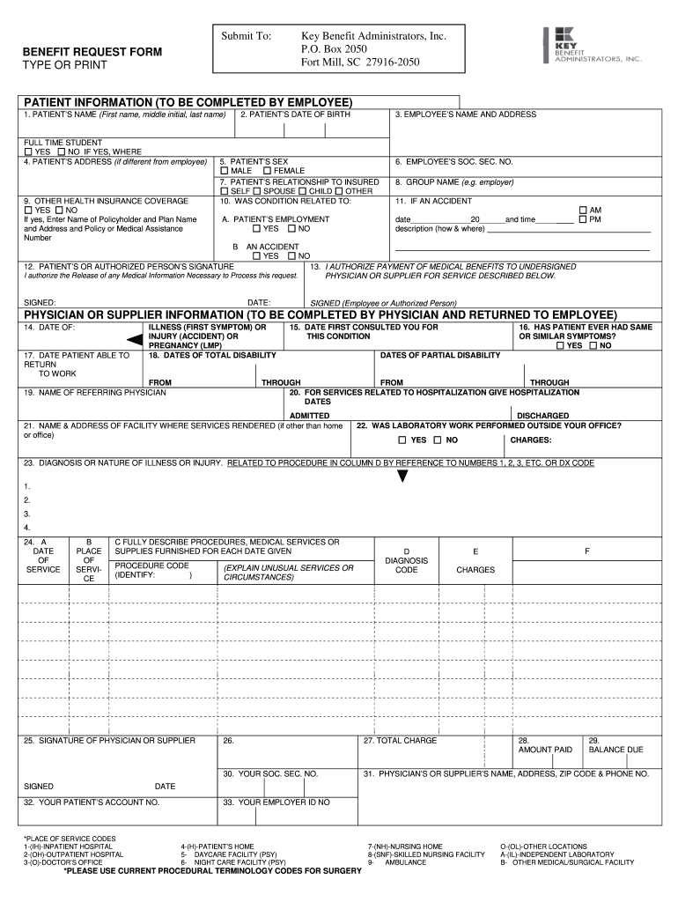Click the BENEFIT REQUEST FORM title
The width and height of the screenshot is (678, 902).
point(92,53)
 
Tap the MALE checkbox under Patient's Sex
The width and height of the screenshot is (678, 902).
point(225,171)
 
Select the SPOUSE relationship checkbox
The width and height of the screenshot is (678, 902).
point(256,191)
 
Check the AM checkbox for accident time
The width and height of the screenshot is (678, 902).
point(582,211)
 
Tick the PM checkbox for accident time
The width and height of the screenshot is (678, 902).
point(582,219)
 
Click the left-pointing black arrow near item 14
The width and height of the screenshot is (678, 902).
point(135,338)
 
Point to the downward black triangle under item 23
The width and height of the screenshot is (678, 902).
point(402,477)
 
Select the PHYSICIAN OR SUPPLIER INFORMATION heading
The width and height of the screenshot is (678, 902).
point(321,314)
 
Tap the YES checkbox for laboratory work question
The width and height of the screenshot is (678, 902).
point(402,440)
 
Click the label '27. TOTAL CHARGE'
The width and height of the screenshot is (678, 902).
point(400,741)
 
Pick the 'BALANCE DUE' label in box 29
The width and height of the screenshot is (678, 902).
point(615,750)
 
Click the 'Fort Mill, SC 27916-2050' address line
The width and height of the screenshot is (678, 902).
point(360,63)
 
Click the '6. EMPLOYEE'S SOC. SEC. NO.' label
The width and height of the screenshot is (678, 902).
point(453,162)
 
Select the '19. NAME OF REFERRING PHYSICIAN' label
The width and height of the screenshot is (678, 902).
point(95,392)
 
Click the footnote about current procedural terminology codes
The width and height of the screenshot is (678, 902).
point(212,871)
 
